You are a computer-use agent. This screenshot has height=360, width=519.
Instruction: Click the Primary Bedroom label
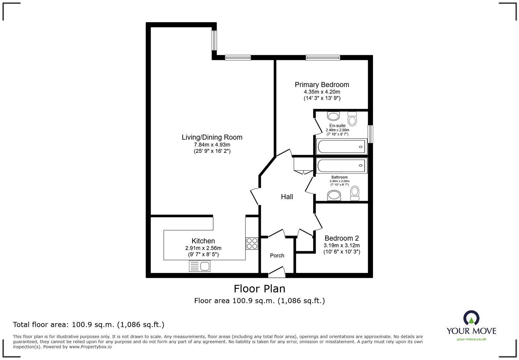[322, 85]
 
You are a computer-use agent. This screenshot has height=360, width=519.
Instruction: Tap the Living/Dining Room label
[212, 137]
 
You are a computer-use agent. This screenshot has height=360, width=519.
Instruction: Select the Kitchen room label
[203, 241]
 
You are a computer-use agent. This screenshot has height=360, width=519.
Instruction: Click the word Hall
[287, 197]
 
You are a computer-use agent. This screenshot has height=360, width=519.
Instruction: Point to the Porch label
[277, 255]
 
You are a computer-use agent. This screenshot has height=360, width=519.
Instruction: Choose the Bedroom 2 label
[342, 238]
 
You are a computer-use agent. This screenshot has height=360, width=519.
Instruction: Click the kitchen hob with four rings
[252, 244]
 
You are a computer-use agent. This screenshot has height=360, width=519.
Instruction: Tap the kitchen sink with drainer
[200, 266]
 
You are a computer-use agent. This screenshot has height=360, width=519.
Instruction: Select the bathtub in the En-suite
[342, 147]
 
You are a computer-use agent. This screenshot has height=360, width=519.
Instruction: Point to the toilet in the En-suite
[352, 118]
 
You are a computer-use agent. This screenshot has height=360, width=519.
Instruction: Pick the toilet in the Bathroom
[354, 193]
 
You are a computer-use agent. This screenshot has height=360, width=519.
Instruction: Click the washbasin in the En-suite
[333, 116]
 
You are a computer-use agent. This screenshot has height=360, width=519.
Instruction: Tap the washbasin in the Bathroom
[334, 196]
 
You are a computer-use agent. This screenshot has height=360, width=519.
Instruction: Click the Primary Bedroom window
[323, 58]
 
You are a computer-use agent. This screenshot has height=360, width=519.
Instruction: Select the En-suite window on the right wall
[370, 134]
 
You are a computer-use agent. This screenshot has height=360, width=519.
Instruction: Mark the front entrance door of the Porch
[277, 272]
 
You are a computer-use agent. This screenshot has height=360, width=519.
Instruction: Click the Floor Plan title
[259, 289]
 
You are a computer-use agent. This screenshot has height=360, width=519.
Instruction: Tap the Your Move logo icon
[471, 318]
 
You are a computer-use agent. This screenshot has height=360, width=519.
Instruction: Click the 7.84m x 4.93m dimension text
[212, 145]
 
